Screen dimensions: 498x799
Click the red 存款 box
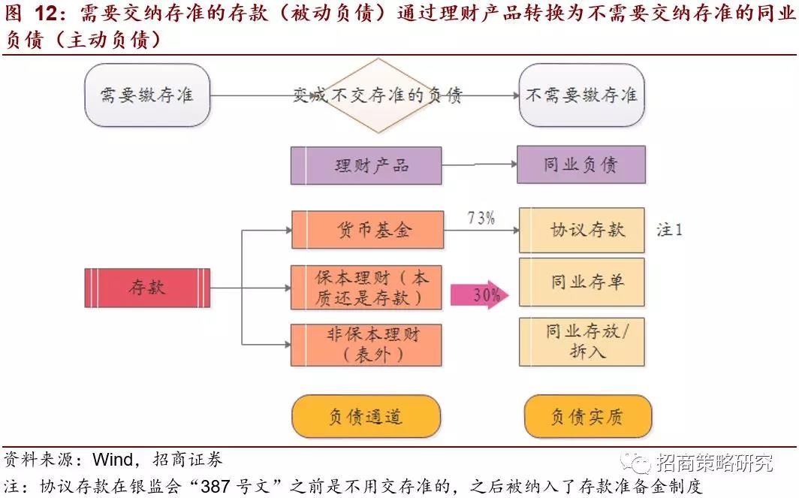point(147,288)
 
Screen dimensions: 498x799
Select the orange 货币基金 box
point(366,229)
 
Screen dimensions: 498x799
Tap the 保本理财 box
point(366,288)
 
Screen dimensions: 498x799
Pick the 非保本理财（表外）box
point(366,345)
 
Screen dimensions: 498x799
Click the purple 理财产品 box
point(366,165)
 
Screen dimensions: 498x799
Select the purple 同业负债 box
point(580,165)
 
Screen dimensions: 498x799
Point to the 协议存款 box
point(582,230)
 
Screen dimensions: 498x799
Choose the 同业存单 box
point(582,283)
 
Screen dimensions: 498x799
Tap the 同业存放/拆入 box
point(582,341)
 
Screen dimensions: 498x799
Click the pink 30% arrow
point(480,294)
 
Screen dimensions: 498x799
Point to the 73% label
point(480,218)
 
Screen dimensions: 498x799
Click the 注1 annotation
point(669,230)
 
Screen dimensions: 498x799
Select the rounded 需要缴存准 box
point(147,95)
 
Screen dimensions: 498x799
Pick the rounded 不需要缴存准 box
point(582,95)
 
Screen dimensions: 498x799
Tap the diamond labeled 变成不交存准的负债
point(378,95)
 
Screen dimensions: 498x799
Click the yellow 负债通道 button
point(366,416)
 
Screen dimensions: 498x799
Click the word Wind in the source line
point(113,459)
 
